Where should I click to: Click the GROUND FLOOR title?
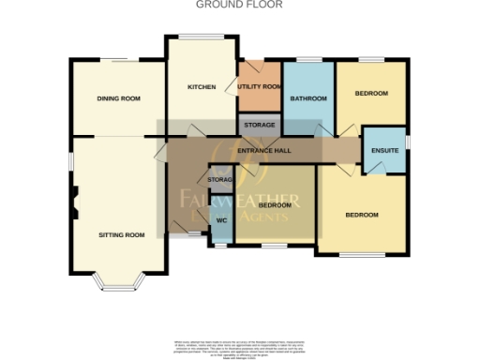238,5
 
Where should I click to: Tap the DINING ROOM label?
119,98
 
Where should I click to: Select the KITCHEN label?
202,87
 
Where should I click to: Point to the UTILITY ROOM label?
260,87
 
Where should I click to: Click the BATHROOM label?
307,98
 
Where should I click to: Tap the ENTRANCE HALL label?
265,151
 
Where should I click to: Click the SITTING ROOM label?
122,234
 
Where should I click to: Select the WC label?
222,220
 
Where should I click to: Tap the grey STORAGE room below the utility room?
260,125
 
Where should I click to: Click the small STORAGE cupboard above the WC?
220,180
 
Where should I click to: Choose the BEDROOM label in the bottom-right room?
361,216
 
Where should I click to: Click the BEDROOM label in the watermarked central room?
276,204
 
